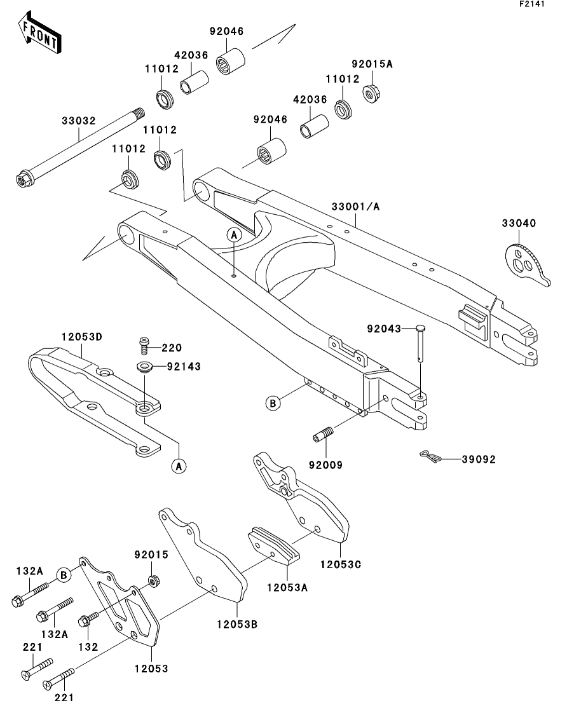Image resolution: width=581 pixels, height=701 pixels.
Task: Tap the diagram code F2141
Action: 532,4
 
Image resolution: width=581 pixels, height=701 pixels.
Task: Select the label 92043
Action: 384,329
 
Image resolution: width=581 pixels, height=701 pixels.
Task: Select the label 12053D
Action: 81,337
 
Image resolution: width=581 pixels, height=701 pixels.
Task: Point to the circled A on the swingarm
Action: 234,235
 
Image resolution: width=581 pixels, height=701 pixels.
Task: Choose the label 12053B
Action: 236,624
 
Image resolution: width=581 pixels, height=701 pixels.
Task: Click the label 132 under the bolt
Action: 88,647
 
